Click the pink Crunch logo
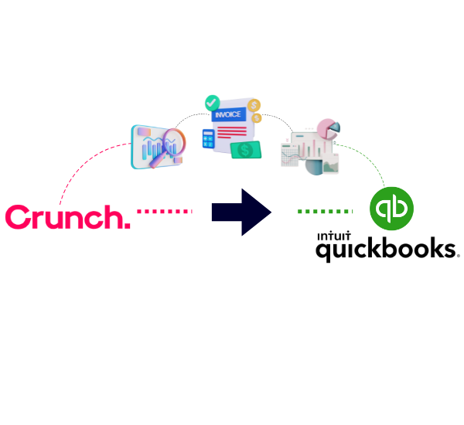pyautogui.click(x=68, y=217)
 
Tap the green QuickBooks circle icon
pyautogui.click(x=391, y=209)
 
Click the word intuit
pyautogui.click(x=334, y=236)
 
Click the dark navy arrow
pyautogui.click(x=241, y=212)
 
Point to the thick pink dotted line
pyautogui.click(x=165, y=211)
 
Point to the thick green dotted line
pyautogui.click(x=325, y=211)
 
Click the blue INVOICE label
pyautogui.click(x=229, y=114)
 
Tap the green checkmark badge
pyautogui.click(x=212, y=103)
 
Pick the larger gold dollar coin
pyautogui.click(x=254, y=105)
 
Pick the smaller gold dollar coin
pyautogui.click(x=257, y=118)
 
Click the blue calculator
pyautogui.click(x=209, y=138)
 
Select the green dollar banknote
pyautogui.click(x=246, y=150)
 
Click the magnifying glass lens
pyautogui.click(x=174, y=141)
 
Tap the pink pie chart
pyautogui.click(x=327, y=129)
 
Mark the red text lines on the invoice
pyautogui.click(x=232, y=132)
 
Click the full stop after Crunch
pyautogui.click(x=128, y=226)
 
